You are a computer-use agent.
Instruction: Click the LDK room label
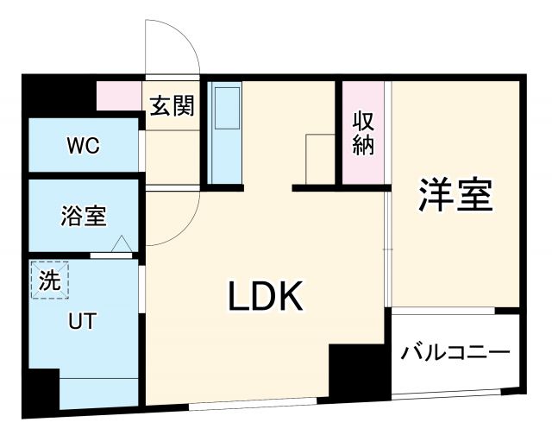[x=266, y=299]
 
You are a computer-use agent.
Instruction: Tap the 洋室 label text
[x=457, y=195]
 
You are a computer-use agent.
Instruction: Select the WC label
[x=84, y=146]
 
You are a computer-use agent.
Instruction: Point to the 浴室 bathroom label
[x=84, y=216]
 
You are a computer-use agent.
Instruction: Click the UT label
[x=82, y=321]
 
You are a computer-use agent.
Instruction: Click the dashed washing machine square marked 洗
[x=49, y=280]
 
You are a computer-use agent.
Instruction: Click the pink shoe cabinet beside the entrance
[x=119, y=96]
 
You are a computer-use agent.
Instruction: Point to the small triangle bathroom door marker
[x=121, y=245]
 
